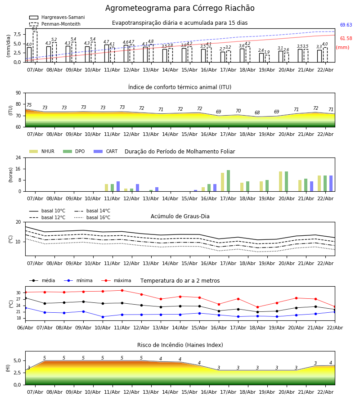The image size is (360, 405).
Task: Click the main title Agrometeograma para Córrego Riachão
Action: coord(180,9)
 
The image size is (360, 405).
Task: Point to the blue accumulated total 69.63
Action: coord(346,25)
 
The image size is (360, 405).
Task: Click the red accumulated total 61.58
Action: coord(346,39)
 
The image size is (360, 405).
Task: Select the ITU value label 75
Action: coord(29,105)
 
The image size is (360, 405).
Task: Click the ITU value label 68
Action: coord(257,113)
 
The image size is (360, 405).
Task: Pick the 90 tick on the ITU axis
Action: coord(18,93)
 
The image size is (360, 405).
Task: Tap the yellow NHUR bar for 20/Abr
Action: coord(280,181)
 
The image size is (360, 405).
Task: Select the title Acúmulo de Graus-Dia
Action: coord(180,216)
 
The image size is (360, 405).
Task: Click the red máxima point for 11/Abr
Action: coord(122,290)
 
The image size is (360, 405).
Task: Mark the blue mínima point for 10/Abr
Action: coord(103,317)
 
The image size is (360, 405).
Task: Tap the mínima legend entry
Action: coord(84,281)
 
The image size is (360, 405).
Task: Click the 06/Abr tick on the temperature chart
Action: coord(25,327)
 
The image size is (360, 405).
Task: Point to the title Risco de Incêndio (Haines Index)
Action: coord(180,345)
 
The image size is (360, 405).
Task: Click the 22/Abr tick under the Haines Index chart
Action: coord(325,392)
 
